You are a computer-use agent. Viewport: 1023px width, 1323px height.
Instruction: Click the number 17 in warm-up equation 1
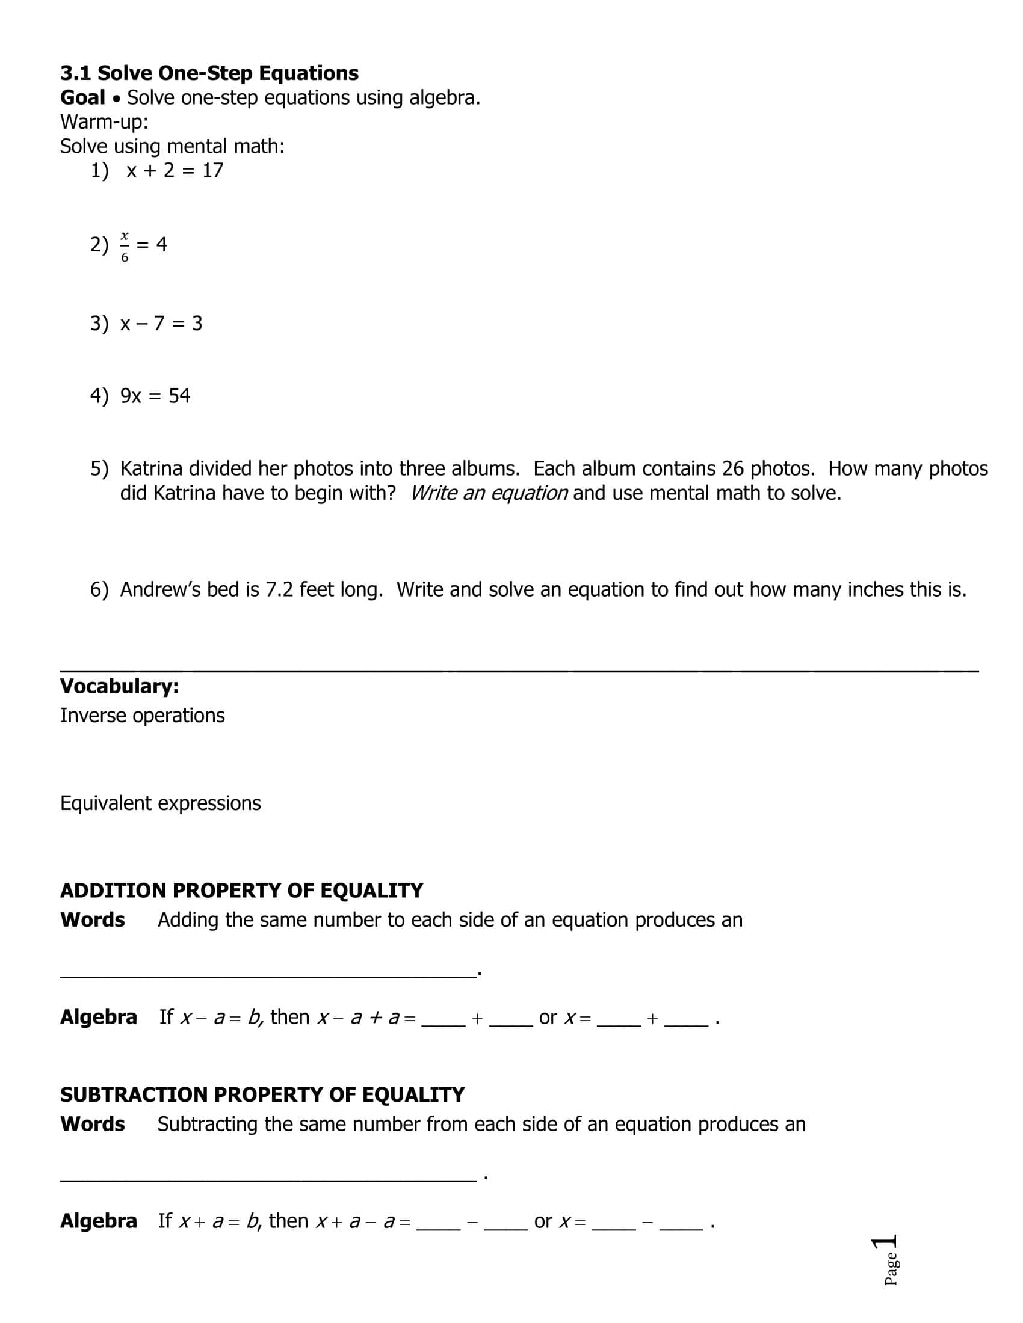pos(212,170)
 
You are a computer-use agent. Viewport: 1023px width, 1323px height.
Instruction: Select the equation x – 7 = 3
pos(161,324)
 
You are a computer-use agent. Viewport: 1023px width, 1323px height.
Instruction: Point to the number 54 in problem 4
pos(179,396)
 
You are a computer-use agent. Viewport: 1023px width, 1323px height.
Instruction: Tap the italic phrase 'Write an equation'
pos(489,493)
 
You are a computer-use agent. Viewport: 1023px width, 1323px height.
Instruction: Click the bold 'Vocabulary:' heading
pos(119,686)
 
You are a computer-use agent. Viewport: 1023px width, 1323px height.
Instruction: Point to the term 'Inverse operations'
pos(143,716)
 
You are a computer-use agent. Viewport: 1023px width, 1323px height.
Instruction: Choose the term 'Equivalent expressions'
pos(161,803)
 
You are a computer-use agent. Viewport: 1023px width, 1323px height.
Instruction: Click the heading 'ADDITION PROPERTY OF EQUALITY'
pos(241,891)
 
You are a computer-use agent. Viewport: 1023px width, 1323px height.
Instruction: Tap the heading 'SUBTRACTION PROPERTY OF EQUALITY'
pos(262,1094)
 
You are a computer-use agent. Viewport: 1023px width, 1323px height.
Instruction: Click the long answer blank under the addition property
pos(267,973)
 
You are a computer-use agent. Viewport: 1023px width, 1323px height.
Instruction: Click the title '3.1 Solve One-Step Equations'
pos(209,73)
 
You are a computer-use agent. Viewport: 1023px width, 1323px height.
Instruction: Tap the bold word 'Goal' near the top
pos(82,97)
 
